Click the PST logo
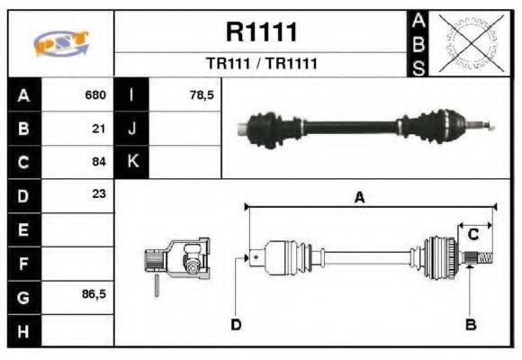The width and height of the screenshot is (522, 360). (60, 44)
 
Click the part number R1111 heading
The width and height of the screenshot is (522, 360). (261, 32)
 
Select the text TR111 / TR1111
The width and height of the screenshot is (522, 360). (261, 65)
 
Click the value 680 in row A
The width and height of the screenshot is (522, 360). (95, 95)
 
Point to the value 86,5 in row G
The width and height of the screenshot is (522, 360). (94, 293)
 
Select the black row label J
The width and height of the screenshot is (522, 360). (131, 129)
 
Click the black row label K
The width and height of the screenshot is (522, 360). (131, 162)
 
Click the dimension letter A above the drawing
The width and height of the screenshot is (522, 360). (359, 199)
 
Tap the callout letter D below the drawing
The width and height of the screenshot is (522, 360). (236, 323)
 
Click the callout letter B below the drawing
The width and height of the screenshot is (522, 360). (469, 323)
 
